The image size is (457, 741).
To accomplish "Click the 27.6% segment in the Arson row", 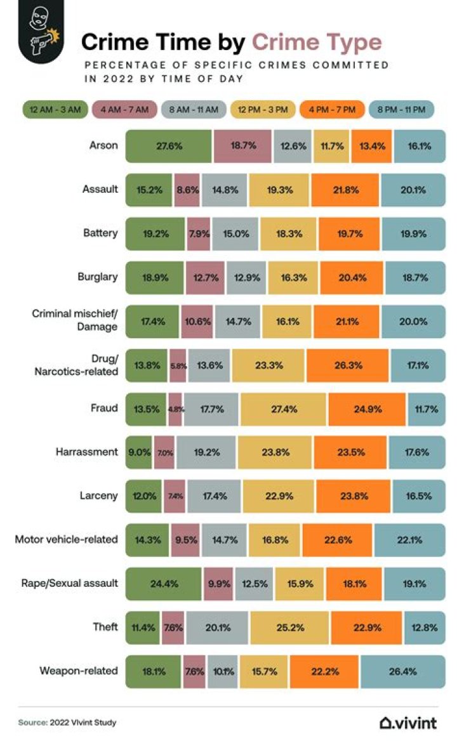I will point(169,145).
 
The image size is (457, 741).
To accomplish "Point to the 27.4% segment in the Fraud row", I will point(283,409).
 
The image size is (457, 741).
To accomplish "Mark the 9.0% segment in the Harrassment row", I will point(139,452).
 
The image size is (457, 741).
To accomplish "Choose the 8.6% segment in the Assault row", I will point(187,189).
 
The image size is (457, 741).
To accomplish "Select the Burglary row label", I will point(100,276).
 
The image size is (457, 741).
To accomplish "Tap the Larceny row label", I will point(100,495).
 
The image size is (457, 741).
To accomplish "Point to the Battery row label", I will point(102,233).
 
